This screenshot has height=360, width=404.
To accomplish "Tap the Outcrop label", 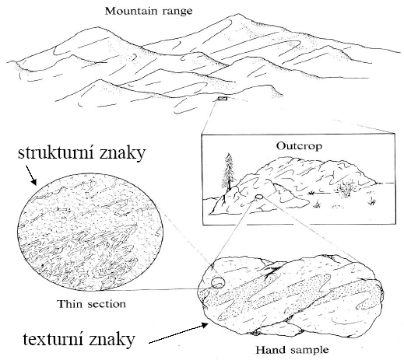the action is pyautogui.click(x=299, y=146).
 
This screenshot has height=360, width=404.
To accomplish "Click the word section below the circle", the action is pyautogui.click(x=106, y=304).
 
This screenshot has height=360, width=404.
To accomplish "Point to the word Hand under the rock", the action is pyautogui.click(x=270, y=350).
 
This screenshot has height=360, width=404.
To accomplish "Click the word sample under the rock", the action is pyautogui.click(x=308, y=351).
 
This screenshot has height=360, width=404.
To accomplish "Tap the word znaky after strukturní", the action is pyautogui.click(x=121, y=153).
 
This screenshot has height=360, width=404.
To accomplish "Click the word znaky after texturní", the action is pyautogui.click(x=113, y=339).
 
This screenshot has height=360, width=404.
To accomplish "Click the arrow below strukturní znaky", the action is pyautogui.click(x=31, y=176).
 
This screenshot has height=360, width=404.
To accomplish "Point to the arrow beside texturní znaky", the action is pyautogui.click(x=178, y=333).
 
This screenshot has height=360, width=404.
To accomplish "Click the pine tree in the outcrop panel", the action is pyautogui.click(x=229, y=172).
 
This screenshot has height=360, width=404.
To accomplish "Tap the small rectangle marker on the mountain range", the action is pyautogui.click(x=223, y=98).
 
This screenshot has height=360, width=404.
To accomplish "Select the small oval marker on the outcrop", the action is pyautogui.click(x=258, y=197).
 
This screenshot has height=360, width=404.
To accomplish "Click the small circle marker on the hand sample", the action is pyautogui.click(x=218, y=282).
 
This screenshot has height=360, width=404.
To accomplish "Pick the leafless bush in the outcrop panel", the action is pyautogui.click(x=345, y=188).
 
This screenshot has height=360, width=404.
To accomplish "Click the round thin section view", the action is pyautogui.click(x=90, y=232).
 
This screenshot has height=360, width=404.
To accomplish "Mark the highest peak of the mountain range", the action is pyautogui.click(x=230, y=16).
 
